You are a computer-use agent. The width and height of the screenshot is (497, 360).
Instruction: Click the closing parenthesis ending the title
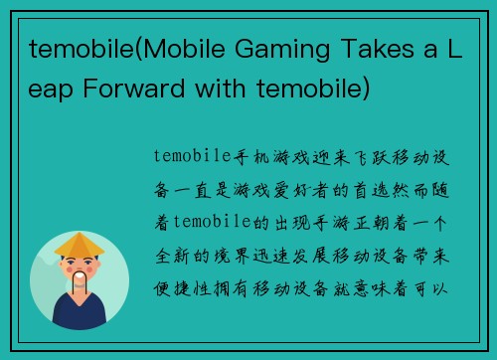click(x=368, y=91)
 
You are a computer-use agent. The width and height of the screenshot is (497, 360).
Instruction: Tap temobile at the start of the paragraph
click(x=192, y=156)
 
